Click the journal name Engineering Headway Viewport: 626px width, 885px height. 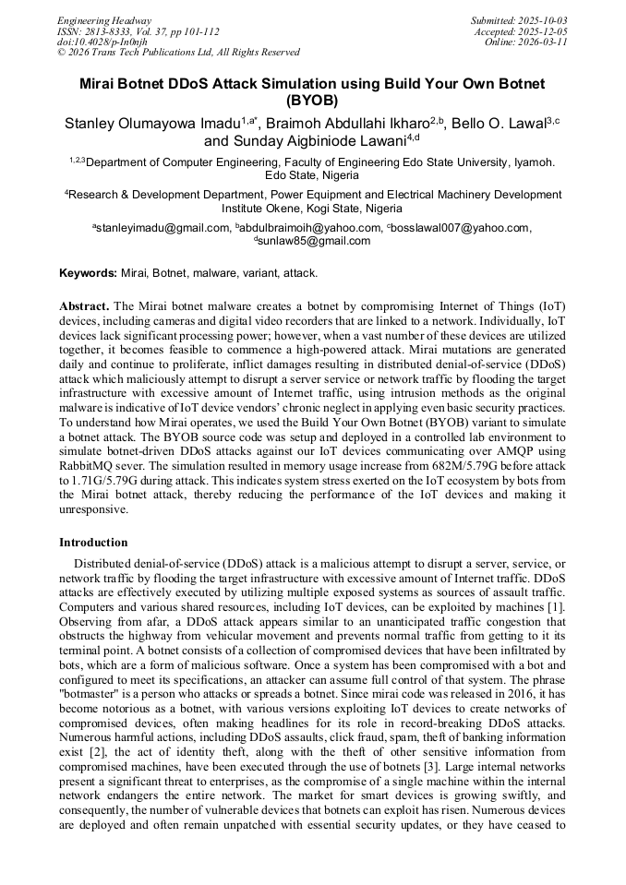104,20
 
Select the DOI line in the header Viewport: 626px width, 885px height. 102,42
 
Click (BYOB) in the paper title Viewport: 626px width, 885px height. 312,101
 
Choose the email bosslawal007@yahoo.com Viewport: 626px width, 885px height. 461,228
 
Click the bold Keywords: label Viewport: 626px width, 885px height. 89,273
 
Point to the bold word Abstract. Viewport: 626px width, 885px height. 84,305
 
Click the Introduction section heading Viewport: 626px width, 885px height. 93,543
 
